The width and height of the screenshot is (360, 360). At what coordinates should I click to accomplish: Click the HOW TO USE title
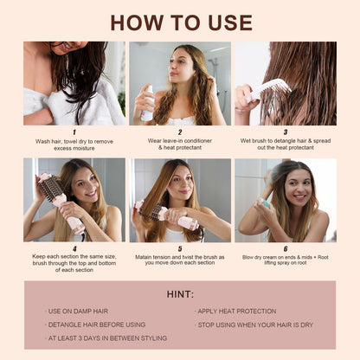pyautogui.click(x=180, y=21)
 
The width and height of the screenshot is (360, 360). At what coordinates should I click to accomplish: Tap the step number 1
pyautogui.click(x=74, y=132)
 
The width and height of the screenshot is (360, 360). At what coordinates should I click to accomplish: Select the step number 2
pyautogui.click(x=180, y=132)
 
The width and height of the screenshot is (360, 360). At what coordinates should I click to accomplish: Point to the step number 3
pyautogui.click(x=286, y=132)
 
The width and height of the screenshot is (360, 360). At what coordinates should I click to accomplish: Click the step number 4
pyautogui.click(x=74, y=248)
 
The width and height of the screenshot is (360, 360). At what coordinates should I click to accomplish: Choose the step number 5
pyautogui.click(x=180, y=248)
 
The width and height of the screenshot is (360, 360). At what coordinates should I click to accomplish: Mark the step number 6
pyautogui.click(x=286, y=248)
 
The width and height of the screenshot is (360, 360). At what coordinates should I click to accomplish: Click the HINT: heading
pyautogui.click(x=180, y=294)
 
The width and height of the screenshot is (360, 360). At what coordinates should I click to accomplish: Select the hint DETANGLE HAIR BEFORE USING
pyautogui.click(x=96, y=325)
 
